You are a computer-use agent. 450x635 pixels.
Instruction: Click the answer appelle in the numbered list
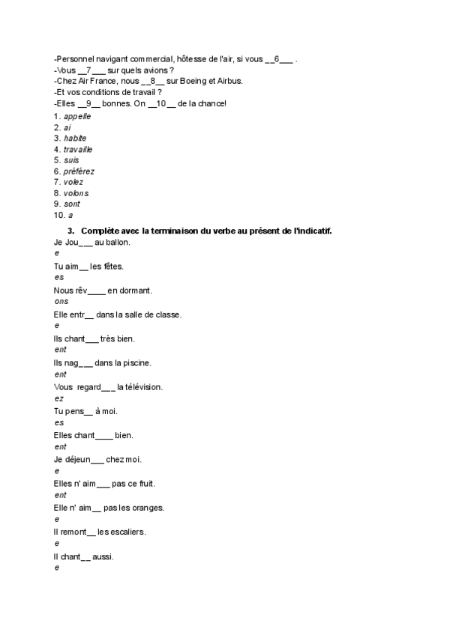point(78,117)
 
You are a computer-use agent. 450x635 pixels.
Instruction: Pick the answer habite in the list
point(75,139)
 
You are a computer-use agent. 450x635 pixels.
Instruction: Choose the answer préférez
point(79,171)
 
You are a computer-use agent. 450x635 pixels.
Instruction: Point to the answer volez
point(73,182)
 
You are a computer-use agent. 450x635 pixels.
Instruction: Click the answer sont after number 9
point(72,204)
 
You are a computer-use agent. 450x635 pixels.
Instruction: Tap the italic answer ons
point(61,302)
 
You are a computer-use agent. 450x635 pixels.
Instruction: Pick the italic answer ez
point(58,398)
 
